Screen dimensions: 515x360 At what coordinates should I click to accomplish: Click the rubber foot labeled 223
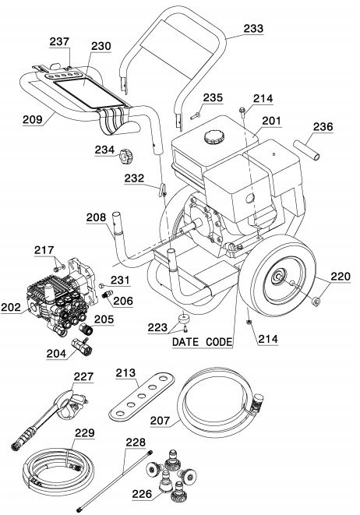(x=183, y=319)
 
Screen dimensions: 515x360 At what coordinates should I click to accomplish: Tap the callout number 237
(x=58, y=41)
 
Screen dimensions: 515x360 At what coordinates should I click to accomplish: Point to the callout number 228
(x=135, y=442)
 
